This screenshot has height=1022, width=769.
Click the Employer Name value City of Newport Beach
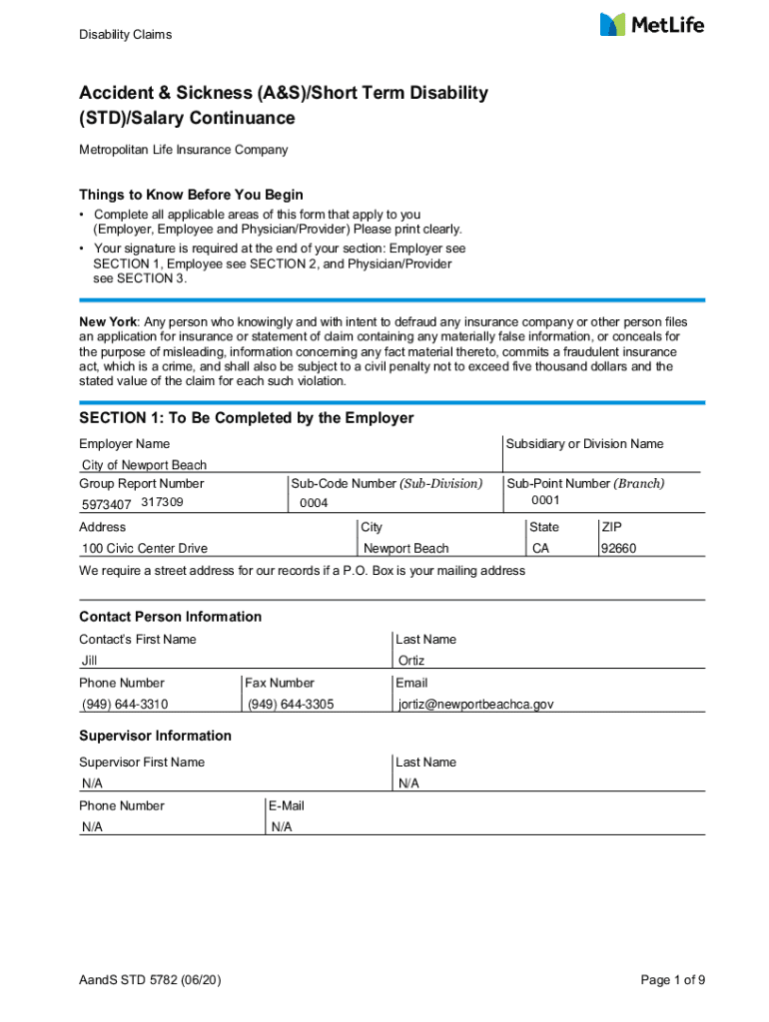(144, 465)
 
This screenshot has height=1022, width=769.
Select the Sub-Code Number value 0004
(314, 503)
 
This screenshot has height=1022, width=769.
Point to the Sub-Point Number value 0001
(545, 500)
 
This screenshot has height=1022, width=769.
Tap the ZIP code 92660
(618, 548)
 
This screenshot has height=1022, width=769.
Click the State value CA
(541, 548)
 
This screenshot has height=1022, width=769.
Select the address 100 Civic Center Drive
(144, 548)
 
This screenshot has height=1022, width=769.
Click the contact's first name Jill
(90, 661)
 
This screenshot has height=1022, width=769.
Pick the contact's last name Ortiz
(411, 661)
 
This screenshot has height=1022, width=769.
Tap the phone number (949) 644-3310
(125, 705)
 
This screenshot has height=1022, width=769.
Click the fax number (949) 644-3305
(291, 705)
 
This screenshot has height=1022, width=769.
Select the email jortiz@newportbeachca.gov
(475, 705)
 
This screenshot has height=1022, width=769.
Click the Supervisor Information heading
(155, 736)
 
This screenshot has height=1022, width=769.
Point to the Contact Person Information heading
(170, 617)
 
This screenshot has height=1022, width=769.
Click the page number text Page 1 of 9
(673, 980)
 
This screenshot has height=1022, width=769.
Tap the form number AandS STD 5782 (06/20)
(150, 980)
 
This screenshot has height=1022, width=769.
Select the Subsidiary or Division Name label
(584, 444)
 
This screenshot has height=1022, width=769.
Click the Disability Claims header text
(126, 35)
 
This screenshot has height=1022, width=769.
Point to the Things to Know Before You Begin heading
(191, 195)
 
